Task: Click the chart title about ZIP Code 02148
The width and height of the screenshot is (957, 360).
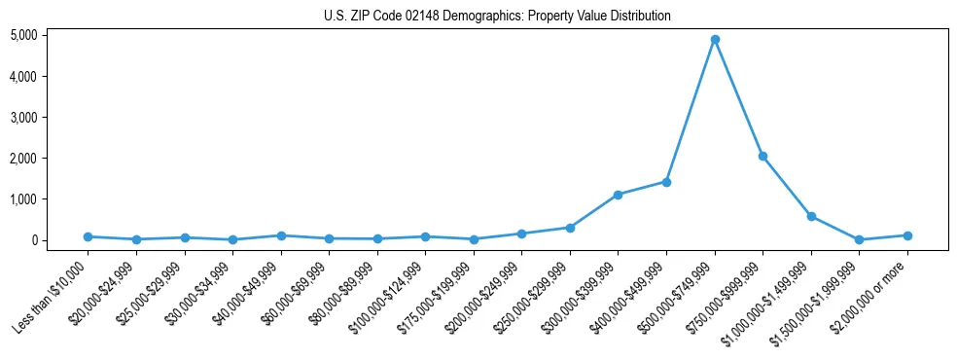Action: pos(497,17)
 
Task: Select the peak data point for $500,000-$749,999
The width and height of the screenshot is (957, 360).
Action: pos(715,39)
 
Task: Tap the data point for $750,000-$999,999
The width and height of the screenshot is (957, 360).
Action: pos(762,156)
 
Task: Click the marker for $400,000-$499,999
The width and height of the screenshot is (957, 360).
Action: pos(666,182)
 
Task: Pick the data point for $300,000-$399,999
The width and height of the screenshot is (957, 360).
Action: pos(618,195)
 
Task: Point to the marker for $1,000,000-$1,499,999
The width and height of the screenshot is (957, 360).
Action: pos(811,216)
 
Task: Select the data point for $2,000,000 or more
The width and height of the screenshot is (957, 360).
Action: pos(907,235)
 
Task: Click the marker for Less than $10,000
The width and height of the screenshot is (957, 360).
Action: pos(88,236)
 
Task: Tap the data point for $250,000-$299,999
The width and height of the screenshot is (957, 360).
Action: pos(570,228)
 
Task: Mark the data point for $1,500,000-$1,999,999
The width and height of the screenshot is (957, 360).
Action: pos(859,239)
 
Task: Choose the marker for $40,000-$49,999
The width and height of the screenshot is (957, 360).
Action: pos(280,235)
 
